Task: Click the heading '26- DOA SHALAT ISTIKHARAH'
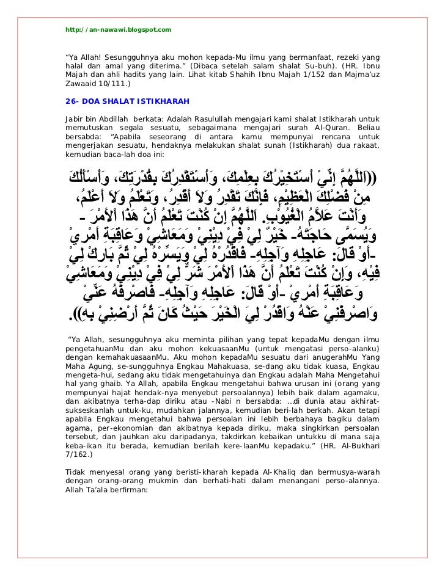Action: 122,100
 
